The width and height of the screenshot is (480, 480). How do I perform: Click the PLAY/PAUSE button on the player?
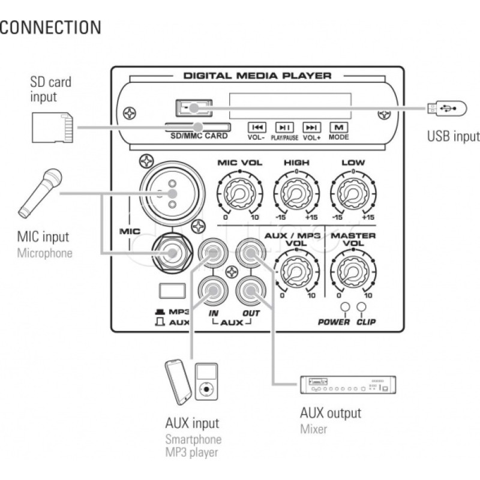[283, 127]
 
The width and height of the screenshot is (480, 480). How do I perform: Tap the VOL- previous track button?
[257, 127]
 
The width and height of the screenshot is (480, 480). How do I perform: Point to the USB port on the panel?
[194, 108]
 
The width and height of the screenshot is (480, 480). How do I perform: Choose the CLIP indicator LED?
[361, 308]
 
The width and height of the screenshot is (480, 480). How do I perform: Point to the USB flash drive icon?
[445, 109]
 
